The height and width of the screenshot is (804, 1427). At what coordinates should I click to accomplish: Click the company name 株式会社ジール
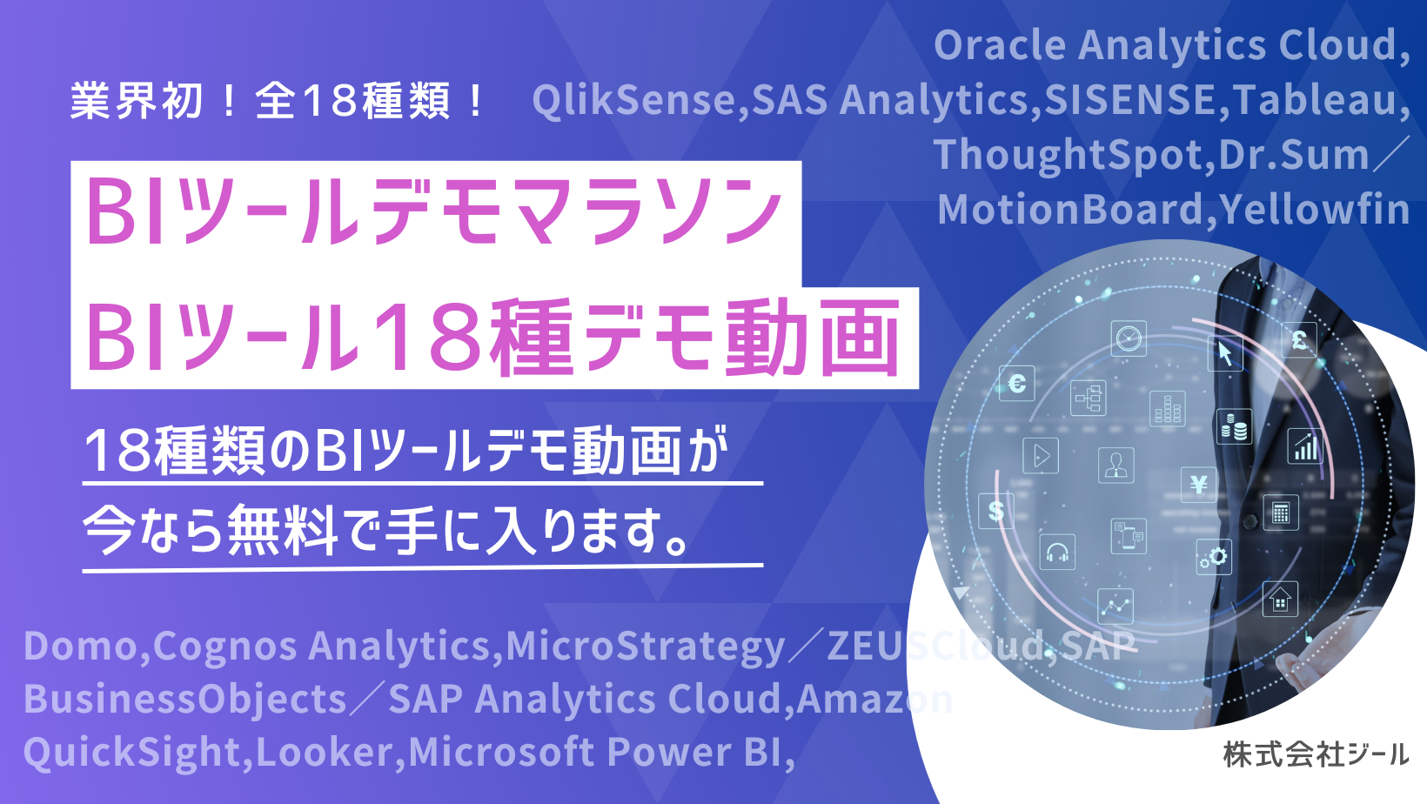(1315, 755)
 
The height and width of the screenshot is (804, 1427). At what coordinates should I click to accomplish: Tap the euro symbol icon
(1016, 383)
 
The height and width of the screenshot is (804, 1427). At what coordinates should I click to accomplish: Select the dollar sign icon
(995, 511)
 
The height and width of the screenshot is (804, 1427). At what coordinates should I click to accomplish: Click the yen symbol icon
(1198, 485)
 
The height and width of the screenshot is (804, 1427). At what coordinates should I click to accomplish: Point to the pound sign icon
(1299, 340)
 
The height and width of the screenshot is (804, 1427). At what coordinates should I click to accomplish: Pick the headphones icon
(1057, 552)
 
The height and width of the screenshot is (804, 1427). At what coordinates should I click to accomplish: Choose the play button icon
(1041, 456)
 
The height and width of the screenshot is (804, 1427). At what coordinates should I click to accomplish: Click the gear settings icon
(1214, 558)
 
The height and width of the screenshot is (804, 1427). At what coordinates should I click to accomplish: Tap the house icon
(1280, 600)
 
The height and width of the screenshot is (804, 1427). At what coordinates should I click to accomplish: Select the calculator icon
(1281, 513)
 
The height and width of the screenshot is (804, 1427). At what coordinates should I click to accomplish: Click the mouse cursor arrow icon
(1225, 353)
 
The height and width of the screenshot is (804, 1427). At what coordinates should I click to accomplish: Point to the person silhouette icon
(1115, 465)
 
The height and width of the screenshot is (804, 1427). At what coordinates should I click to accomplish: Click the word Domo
(81, 646)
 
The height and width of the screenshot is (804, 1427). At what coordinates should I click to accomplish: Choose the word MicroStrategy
(645, 647)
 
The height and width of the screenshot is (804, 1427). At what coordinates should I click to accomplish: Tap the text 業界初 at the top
(137, 101)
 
